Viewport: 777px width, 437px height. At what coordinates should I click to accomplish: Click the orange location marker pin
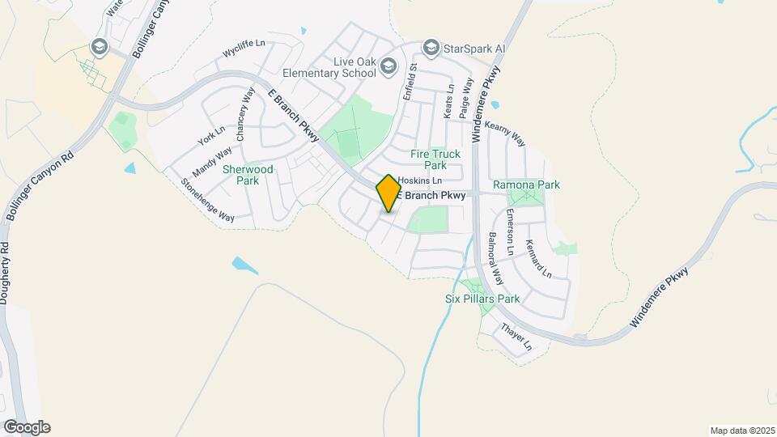point(388,193)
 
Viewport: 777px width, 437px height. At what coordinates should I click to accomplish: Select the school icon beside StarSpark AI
point(431,49)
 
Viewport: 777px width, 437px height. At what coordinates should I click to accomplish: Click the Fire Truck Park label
point(435,159)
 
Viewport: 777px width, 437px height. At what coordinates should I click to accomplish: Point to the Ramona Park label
point(526,185)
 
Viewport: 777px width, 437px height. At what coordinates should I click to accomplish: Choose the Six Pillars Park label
point(482,299)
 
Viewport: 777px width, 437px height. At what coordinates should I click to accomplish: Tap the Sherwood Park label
point(248,175)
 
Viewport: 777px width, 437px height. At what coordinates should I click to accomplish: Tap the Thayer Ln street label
point(516,337)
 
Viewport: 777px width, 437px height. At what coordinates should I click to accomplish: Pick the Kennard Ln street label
point(538,258)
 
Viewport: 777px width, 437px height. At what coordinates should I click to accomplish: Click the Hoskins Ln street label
point(420,180)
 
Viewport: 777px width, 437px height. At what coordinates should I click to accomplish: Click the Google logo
point(26,427)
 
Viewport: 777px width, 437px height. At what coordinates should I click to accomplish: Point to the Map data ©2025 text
point(741,431)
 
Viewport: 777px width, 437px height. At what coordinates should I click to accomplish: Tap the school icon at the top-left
point(100,47)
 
